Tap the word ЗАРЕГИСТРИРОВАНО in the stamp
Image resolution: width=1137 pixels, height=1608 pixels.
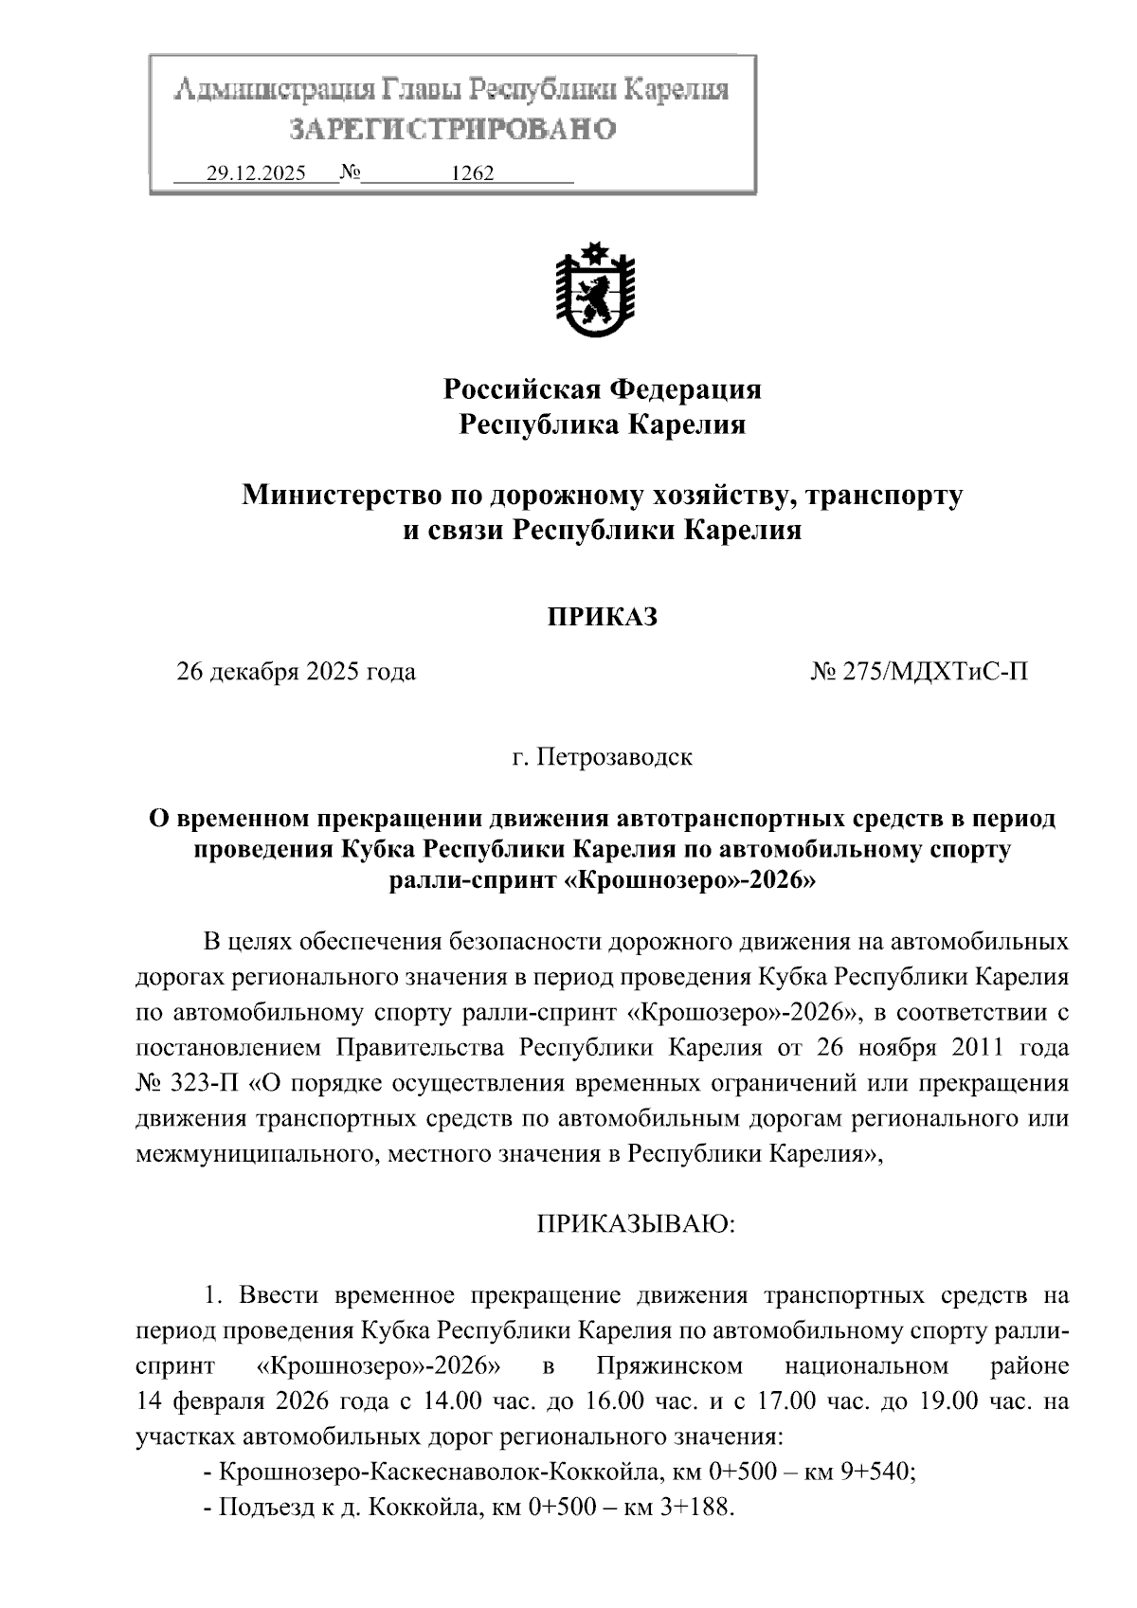click(x=452, y=129)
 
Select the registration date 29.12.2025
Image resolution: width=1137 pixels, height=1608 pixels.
click(x=255, y=174)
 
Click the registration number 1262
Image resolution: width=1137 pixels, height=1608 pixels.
click(x=472, y=174)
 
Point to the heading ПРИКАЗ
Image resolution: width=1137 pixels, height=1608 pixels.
click(x=602, y=618)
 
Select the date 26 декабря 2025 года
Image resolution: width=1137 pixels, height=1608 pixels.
click(x=296, y=673)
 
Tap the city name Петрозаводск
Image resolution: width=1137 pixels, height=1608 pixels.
click(x=614, y=758)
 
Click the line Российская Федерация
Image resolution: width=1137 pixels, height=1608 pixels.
click(x=603, y=389)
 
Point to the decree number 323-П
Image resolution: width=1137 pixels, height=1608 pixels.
click(x=205, y=1084)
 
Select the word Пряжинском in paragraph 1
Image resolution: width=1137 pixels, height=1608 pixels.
click(x=670, y=1366)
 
